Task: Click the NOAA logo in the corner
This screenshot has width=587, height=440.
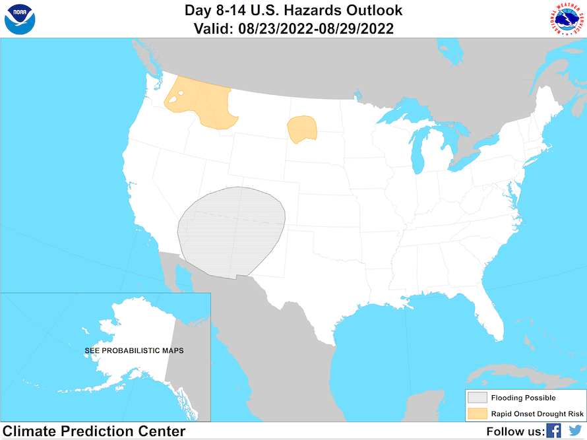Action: (x=20, y=19)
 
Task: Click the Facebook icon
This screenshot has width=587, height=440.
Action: (x=553, y=431)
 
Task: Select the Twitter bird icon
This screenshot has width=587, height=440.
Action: (x=575, y=431)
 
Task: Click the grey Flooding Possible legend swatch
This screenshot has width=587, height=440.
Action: (x=478, y=398)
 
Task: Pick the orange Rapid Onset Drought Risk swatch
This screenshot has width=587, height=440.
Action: (x=478, y=414)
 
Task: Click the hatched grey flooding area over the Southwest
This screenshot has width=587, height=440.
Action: (x=231, y=231)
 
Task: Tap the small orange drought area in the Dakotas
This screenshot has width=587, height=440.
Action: (x=302, y=128)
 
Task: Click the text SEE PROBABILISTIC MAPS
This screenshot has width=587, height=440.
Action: (x=134, y=350)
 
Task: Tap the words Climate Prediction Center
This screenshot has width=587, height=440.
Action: (x=94, y=431)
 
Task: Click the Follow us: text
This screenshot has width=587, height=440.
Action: (x=515, y=431)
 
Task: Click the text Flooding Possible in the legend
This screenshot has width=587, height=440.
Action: (x=523, y=398)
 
